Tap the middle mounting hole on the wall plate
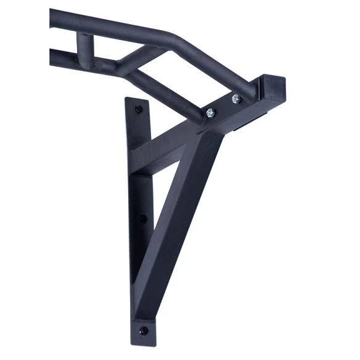144,218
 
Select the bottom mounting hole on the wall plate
144,330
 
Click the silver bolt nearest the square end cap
237,98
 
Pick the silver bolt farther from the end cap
211,112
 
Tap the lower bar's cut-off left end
52,59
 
